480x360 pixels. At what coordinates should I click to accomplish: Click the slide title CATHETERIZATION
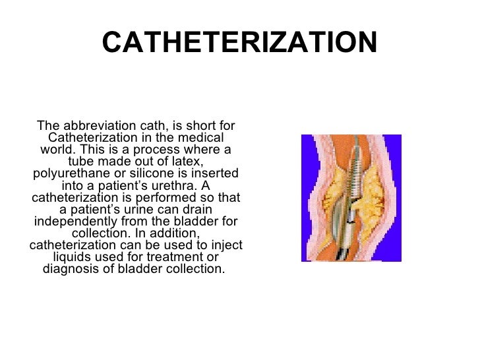(x=239, y=44)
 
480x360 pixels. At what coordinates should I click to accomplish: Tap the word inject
(x=225, y=245)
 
